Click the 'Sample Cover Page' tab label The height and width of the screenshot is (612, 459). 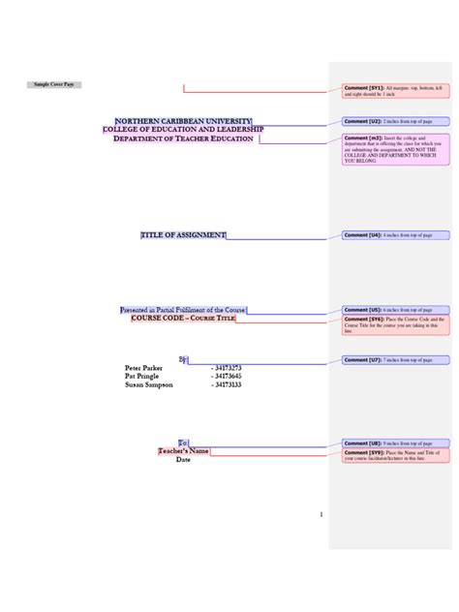[x=54, y=85]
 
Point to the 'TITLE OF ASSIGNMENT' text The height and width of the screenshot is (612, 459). [x=183, y=234]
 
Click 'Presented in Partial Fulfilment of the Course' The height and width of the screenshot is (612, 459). [x=183, y=310]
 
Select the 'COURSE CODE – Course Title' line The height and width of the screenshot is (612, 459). [x=183, y=319]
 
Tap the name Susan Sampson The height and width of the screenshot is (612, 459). [x=149, y=384]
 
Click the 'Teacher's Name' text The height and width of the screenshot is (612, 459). [x=184, y=451]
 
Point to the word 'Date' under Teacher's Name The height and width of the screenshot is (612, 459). [x=184, y=460]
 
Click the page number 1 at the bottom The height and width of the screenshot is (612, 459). [x=321, y=514]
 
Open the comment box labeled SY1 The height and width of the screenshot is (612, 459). [x=395, y=91]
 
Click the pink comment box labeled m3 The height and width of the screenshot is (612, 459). [x=395, y=150]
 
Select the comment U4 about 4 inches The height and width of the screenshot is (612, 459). [x=395, y=234]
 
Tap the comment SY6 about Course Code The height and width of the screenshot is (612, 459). [x=395, y=324]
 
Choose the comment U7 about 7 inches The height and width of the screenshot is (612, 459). [x=395, y=359]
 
